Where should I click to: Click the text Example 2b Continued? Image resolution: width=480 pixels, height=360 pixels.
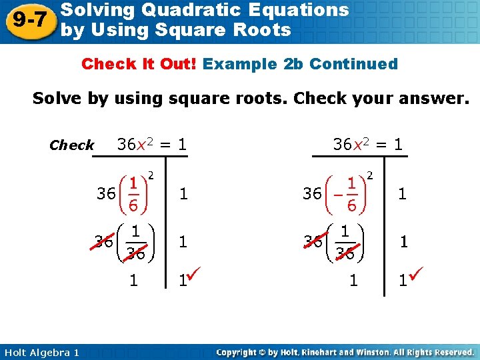click(x=300, y=64)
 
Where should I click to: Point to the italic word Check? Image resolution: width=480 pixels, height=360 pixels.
click(x=71, y=145)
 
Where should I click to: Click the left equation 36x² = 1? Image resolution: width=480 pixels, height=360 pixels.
click(x=151, y=143)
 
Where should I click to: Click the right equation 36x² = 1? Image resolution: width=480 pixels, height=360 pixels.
click(x=368, y=143)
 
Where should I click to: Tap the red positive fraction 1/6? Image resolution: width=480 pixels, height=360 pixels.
click(x=134, y=194)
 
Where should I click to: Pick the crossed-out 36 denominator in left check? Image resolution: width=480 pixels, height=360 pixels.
click(x=136, y=253)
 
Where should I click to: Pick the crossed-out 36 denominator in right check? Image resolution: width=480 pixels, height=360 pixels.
click(x=345, y=253)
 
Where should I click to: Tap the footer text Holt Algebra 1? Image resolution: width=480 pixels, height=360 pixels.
click(x=40, y=352)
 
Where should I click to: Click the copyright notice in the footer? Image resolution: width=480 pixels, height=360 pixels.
click(x=345, y=352)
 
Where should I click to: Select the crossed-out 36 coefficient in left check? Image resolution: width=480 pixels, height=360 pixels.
click(x=103, y=241)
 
